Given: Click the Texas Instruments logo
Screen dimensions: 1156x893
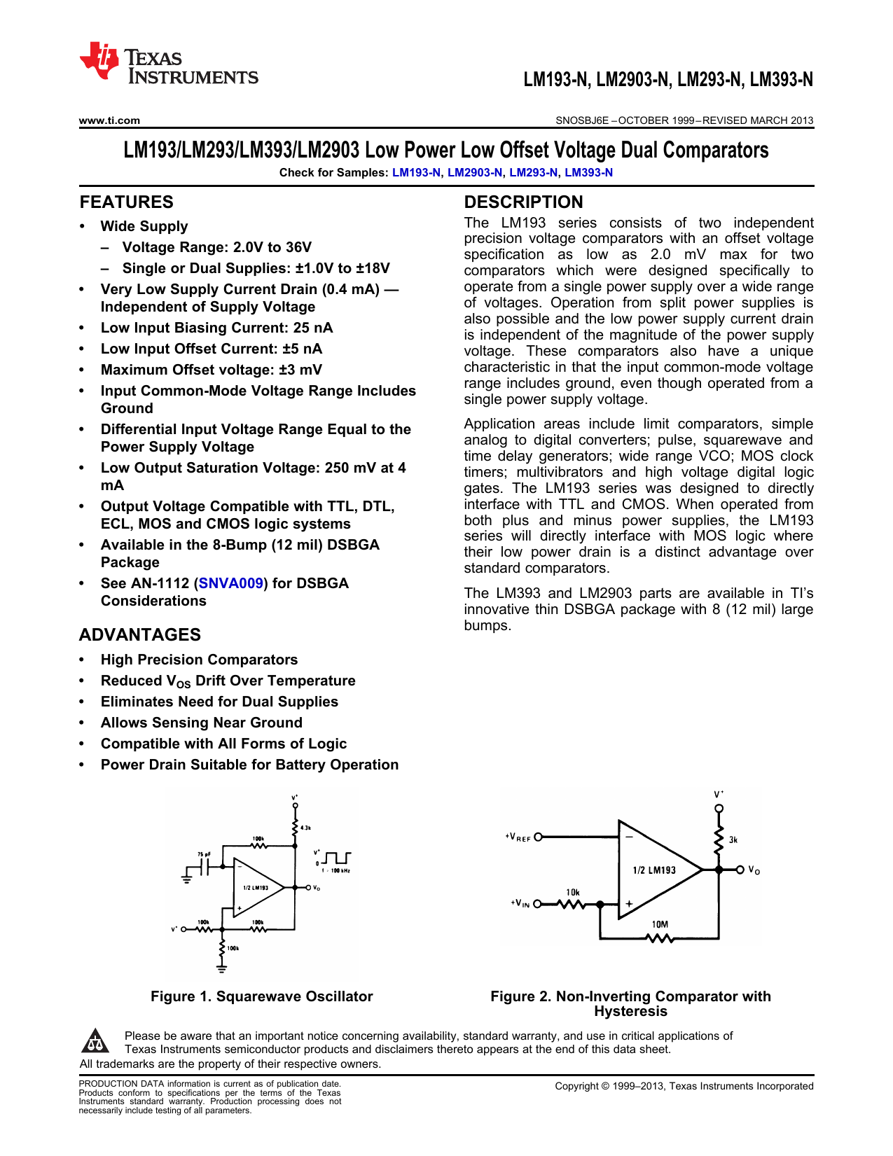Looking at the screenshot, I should click(169, 64).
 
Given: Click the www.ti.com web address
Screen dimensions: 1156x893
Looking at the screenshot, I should click(109, 120).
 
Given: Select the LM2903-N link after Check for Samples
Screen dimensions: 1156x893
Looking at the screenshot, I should click(475, 173).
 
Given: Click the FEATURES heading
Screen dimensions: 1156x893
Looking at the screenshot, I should click(126, 202).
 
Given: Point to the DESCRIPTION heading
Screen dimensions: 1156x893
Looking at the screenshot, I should click(523, 202).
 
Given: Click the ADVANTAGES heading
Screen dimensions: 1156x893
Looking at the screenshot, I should click(140, 635).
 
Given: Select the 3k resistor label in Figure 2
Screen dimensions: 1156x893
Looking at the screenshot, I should click(733, 840).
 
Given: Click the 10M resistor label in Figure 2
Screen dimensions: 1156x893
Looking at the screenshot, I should click(660, 924).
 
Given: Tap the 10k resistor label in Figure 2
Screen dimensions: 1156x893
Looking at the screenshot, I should click(573, 892).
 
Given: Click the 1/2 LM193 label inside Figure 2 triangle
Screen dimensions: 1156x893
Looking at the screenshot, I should click(654, 870).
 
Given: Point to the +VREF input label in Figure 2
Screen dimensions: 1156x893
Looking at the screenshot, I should click(518, 837).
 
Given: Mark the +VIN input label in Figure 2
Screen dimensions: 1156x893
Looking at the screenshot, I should click(520, 903).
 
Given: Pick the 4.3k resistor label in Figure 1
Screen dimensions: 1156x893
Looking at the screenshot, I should click(305, 828).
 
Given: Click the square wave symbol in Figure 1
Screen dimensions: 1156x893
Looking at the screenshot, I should click(338, 858).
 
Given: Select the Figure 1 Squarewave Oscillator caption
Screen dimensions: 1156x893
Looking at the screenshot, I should click(261, 996).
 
